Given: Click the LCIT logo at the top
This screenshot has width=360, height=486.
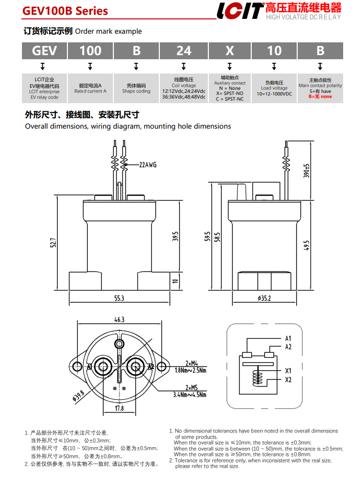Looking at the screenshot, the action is point(240,11).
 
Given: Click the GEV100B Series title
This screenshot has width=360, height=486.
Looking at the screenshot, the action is point(65,11).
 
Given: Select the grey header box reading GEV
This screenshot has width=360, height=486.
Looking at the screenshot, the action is point(44,51).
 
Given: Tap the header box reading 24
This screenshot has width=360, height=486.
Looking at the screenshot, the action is point(183,51).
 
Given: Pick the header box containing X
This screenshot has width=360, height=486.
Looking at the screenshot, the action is point(229,51).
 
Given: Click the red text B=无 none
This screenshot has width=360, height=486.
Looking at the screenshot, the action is point(320,96).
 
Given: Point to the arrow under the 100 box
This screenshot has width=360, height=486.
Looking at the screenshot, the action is point(90,66).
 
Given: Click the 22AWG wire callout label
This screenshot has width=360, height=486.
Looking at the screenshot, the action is point(148,164).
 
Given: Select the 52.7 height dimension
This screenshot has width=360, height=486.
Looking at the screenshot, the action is point(53,242).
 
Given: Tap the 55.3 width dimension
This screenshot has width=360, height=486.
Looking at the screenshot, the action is point(119,298).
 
